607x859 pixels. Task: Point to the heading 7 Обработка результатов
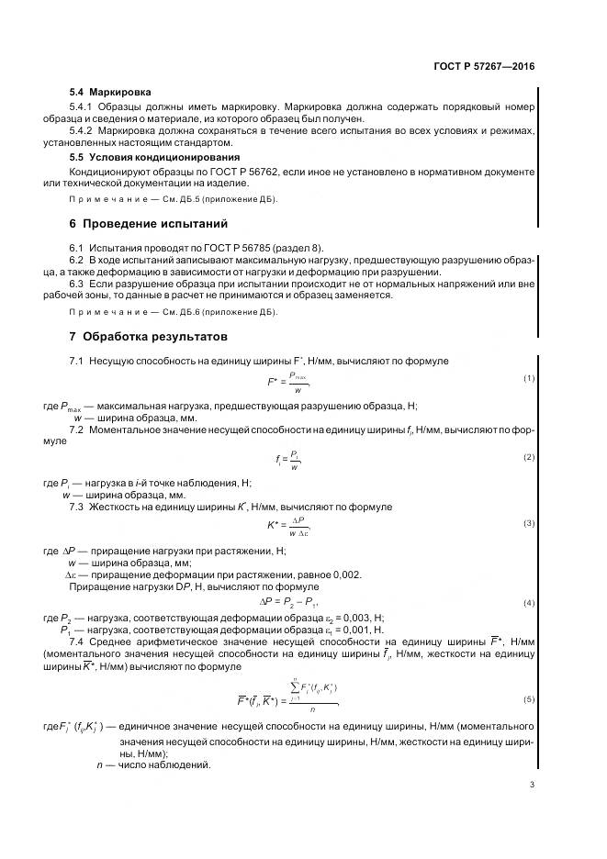pos(149,337)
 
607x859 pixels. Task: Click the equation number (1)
pos(529,378)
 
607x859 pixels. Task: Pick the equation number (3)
pos(529,523)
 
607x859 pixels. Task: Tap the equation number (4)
pos(529,602)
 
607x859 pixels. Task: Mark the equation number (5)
pos(529,699)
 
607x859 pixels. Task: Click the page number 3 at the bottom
pos(532,783)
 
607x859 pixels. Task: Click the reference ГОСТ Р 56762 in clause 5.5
pos(239,172)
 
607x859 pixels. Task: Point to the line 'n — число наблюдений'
pos(153,764)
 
